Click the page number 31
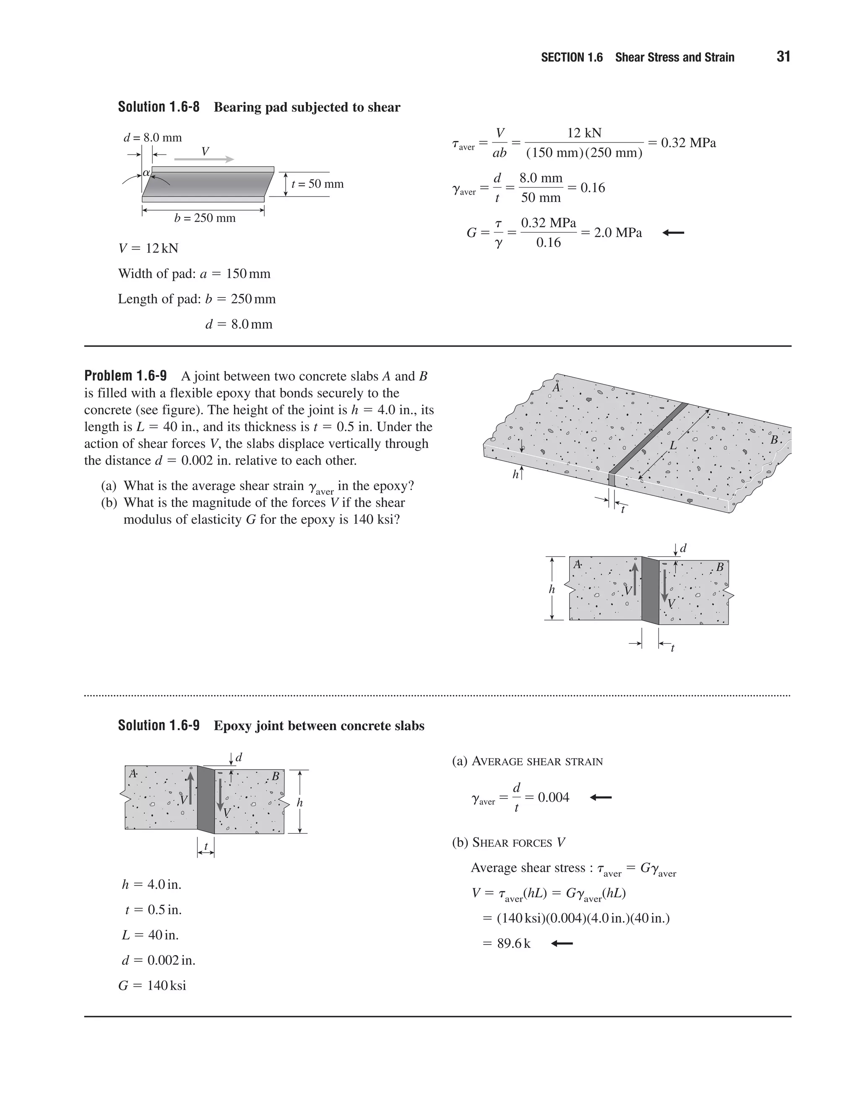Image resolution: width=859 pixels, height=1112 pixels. pyautogui.click(x=783, y=57)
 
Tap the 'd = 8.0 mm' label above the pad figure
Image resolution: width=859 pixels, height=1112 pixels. pyautogui.click(x=153, y=138)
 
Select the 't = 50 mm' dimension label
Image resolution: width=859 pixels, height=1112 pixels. pyautogui.click(x=318, y=184)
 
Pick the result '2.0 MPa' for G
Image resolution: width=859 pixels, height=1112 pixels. pyautogui.click(x=618, y=233)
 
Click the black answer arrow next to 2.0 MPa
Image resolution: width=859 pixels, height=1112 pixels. pyautogui.click(x=673, y=233)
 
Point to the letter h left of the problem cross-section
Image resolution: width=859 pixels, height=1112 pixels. pyautogui.click(x=552, y=590)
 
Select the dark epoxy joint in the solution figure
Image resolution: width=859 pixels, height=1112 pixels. pyautogui.click(x=206, y=800)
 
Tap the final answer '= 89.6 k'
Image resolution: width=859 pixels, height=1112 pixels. pyautogui.click(x=507, y=943)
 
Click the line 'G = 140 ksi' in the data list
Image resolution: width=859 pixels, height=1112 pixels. pyautogui.click(x=152, y=985)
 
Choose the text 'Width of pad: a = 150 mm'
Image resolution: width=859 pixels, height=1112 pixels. pyautogui.click(x=194, y=274)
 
